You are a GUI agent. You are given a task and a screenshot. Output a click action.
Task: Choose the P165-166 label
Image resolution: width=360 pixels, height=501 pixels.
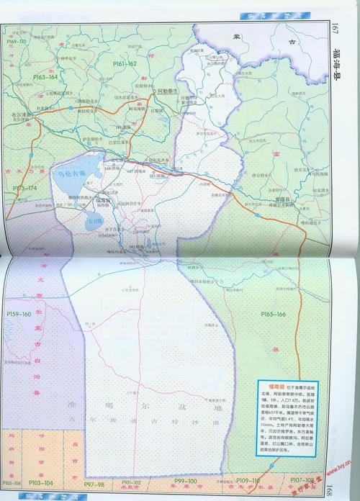(273, 315)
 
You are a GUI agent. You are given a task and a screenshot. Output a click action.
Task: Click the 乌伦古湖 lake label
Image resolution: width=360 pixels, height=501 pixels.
(73, 173)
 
